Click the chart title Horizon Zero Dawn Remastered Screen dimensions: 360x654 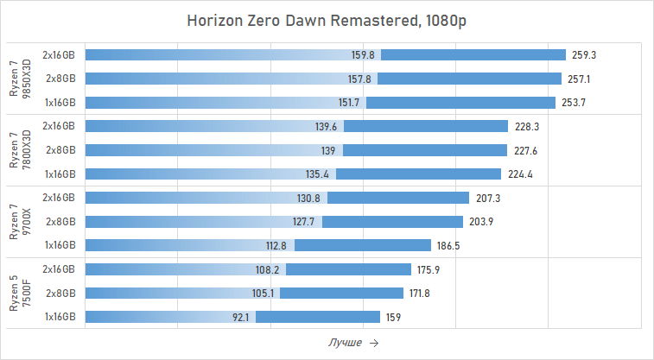tap(327, 21)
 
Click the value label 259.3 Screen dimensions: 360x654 tap(584, 54)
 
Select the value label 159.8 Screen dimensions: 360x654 tap(363, 54)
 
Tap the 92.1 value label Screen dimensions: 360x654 tap(241, 317)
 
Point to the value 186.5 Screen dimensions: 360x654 tap(448, 245)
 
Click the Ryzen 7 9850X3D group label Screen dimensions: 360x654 tap(20, 79)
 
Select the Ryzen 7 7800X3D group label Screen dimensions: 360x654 tap(20, 150)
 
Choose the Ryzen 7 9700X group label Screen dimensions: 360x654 tap(20, 222)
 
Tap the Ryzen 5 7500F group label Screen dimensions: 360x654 tap(20, 294)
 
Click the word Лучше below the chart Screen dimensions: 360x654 tap(345, 343)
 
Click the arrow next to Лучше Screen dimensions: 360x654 tap(373, 343)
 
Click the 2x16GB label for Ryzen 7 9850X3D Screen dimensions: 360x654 tap(59, 54)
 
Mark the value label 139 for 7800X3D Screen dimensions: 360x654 tap(328, 150)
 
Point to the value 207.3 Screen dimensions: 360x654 tap(487, 198)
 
